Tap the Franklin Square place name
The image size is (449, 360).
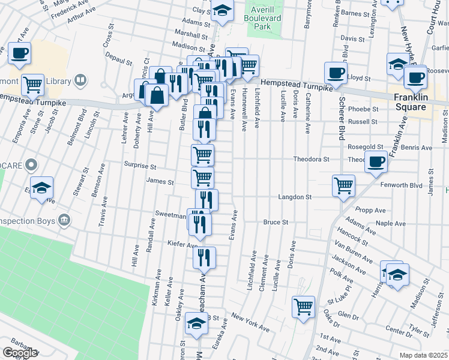411,102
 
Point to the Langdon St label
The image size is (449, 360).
295,197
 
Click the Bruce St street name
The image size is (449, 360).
276,222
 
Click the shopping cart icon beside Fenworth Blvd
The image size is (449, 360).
343,185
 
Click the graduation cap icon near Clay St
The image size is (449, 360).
221,11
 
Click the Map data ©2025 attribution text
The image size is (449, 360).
423,355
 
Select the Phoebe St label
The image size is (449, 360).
367,109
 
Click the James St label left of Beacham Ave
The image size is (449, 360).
164,182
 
